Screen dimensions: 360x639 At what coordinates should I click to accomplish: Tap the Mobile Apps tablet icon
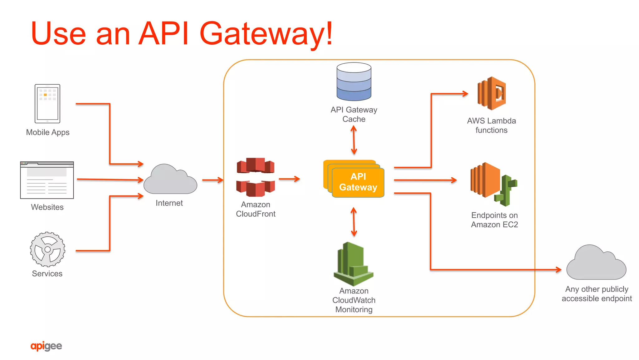[47, 104]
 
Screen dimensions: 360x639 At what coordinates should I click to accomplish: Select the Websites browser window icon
[47, 180]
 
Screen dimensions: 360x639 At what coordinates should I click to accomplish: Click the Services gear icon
[47, 249]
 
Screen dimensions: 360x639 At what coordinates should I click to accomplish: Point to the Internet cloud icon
[170, 180]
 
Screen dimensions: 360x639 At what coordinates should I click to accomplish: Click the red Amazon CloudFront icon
[256, 177]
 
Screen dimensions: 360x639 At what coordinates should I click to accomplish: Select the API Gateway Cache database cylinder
[354, 82]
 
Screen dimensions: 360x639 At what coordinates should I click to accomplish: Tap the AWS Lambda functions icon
[492, 93]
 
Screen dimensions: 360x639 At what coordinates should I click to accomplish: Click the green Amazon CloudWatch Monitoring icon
[354, 264]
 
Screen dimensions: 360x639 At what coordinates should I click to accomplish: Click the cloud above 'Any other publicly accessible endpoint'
[596, 264]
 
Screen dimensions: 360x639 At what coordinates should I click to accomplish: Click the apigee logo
[46, 346]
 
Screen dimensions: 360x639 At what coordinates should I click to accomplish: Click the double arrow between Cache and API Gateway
[354, 140]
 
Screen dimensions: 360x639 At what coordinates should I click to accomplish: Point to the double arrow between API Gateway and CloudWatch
[354, 222]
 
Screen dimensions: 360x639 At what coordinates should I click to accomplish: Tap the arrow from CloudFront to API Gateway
[289, 179]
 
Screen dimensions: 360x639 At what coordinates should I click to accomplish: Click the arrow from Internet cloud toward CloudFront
[213, 180]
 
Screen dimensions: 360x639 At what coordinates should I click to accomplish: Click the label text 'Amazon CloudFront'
[256, 209]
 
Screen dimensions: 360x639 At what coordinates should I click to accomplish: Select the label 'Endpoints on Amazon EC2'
[494, 220]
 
